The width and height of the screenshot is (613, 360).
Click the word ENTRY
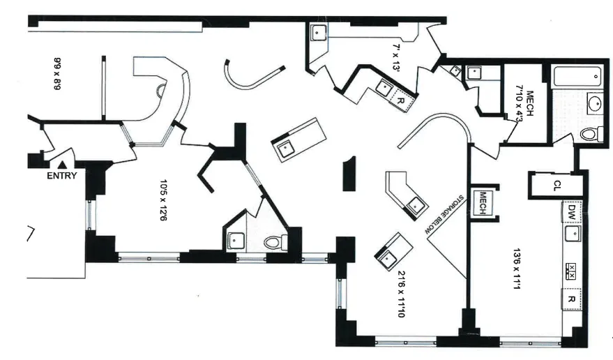61,176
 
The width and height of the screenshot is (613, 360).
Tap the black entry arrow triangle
62,164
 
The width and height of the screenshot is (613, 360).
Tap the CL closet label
557,185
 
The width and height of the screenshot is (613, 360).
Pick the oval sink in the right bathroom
594,104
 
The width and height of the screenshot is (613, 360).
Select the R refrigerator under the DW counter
572,299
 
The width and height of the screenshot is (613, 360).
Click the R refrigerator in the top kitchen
400,100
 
